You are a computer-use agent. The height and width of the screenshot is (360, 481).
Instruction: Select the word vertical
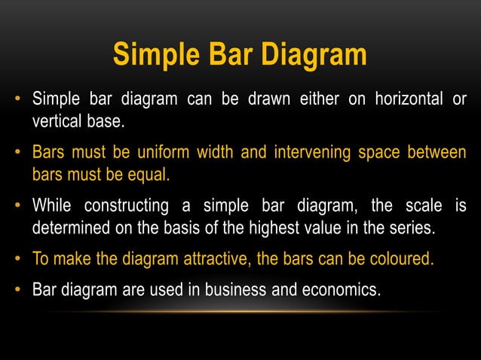tap(57, 121)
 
